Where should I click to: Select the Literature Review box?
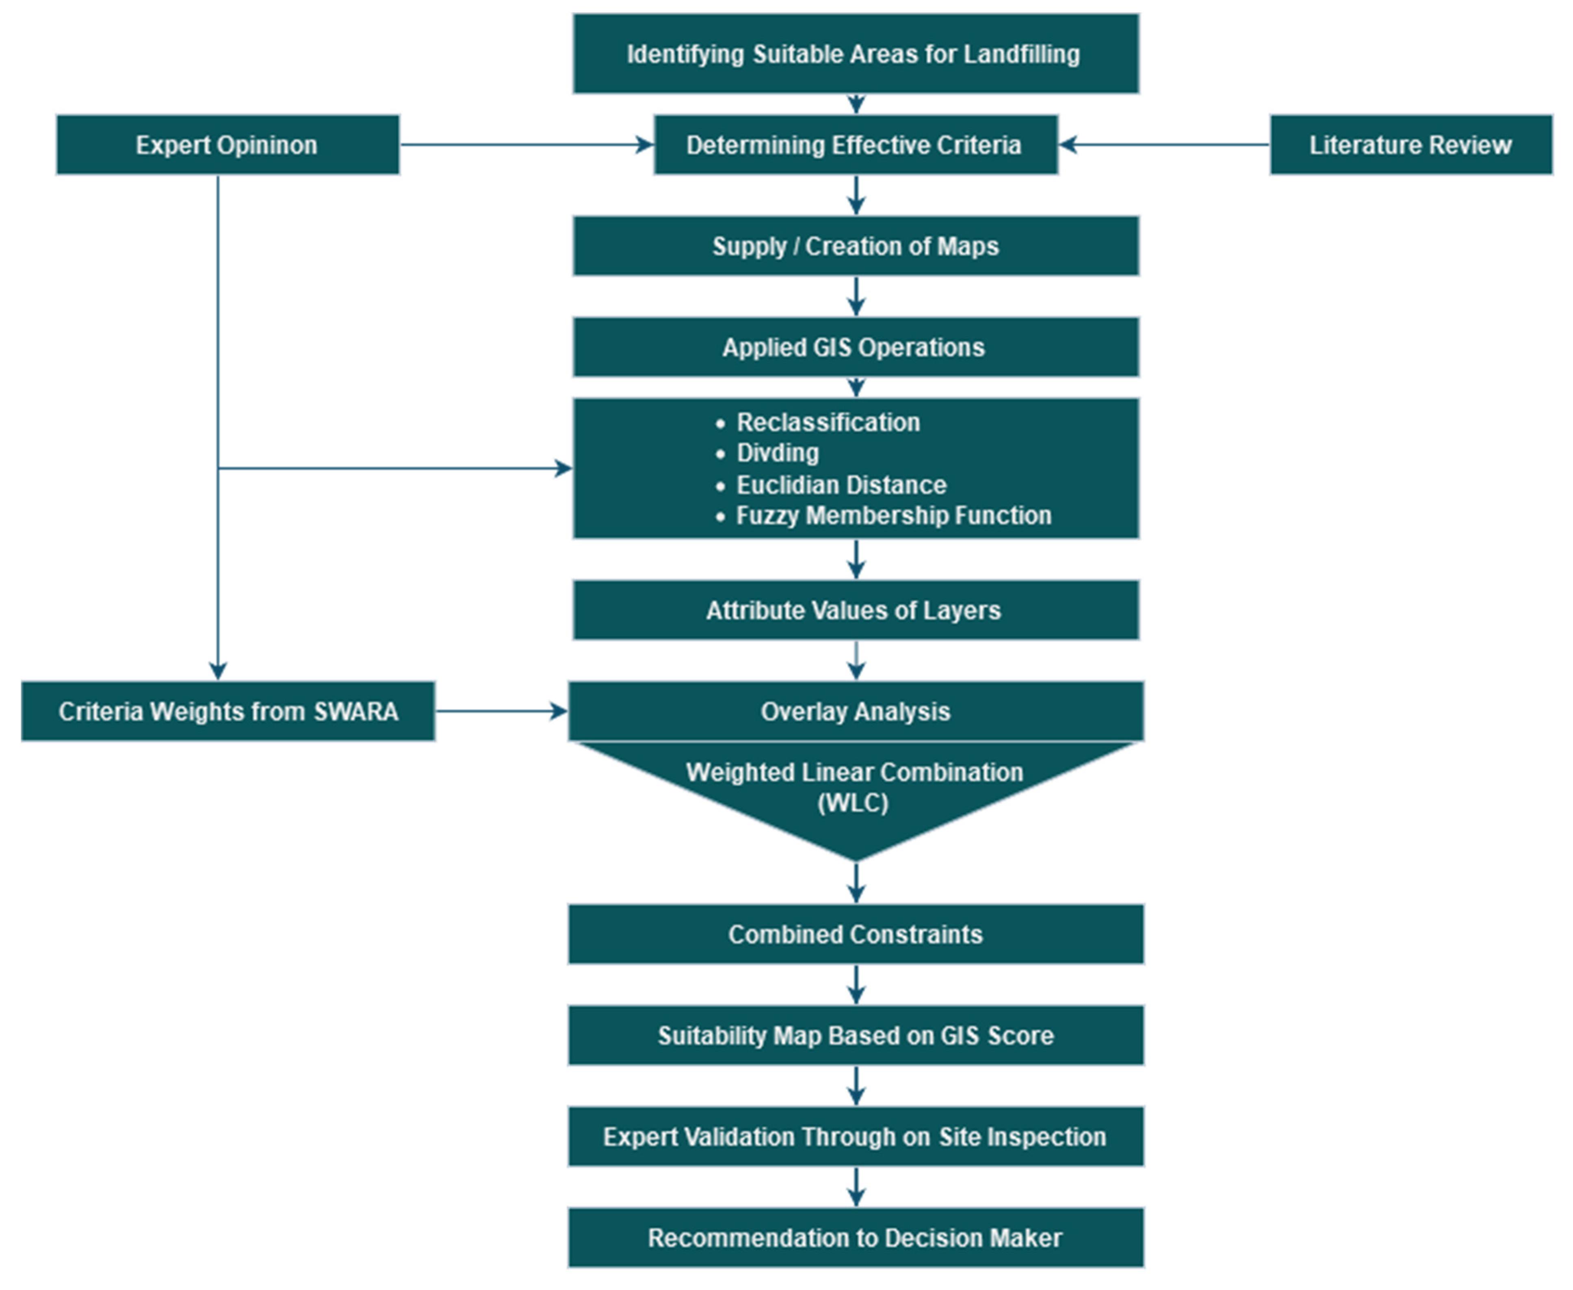click(1410, 145)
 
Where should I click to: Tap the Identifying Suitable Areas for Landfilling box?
click(855, 54)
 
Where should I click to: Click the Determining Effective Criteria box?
click(855, 145)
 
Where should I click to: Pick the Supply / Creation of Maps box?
click(855, 246)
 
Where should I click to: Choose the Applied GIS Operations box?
click(855, 347)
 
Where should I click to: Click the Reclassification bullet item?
click(828, 422)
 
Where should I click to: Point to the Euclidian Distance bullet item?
click(841, 485)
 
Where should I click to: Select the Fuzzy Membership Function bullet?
click(893, 515)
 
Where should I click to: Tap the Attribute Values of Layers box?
click(855, 610)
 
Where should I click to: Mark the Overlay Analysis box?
click(855, 711)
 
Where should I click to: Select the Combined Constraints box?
click(855, 934)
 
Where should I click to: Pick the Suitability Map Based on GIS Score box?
click(855, 1035)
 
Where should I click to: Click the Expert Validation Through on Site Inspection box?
click(855, 1136)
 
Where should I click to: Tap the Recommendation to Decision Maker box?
click(855, 1237)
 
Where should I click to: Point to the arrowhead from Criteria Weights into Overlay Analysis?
click(559, 711)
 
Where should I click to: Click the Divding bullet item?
click(777, 452)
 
